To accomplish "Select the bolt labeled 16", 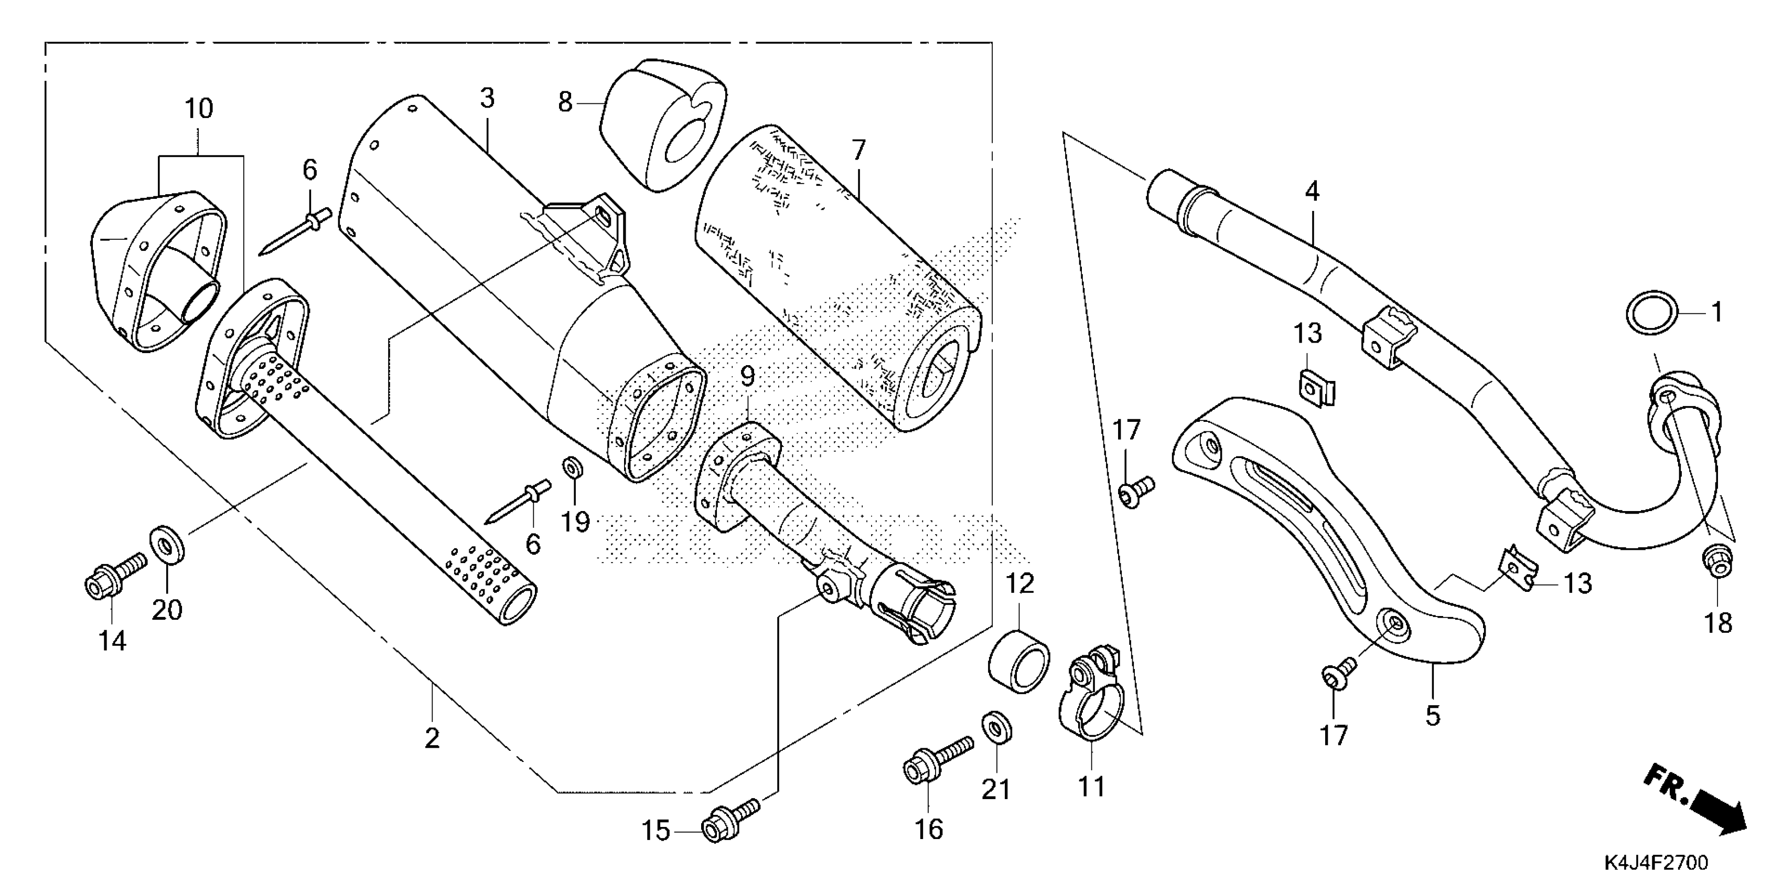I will click(x=935, y=760).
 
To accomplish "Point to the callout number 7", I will click(x=858, y=150).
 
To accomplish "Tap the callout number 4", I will click(x=1312, y=191).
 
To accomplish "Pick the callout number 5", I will click(x=1432, y=715).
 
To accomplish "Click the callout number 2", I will click(x=432, y=738).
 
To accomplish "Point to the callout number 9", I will click(x=747, y=377).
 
